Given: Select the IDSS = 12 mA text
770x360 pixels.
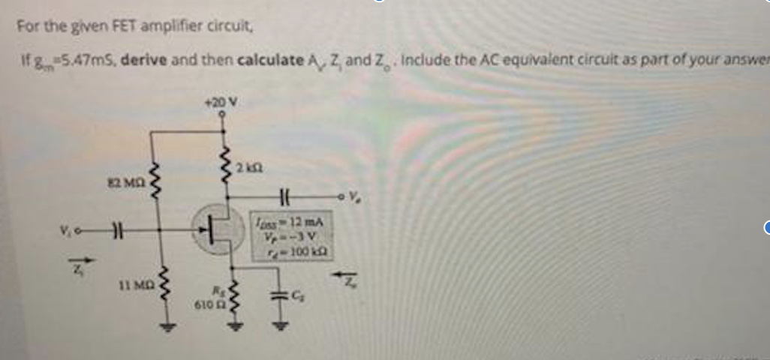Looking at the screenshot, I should pos(289,221).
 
